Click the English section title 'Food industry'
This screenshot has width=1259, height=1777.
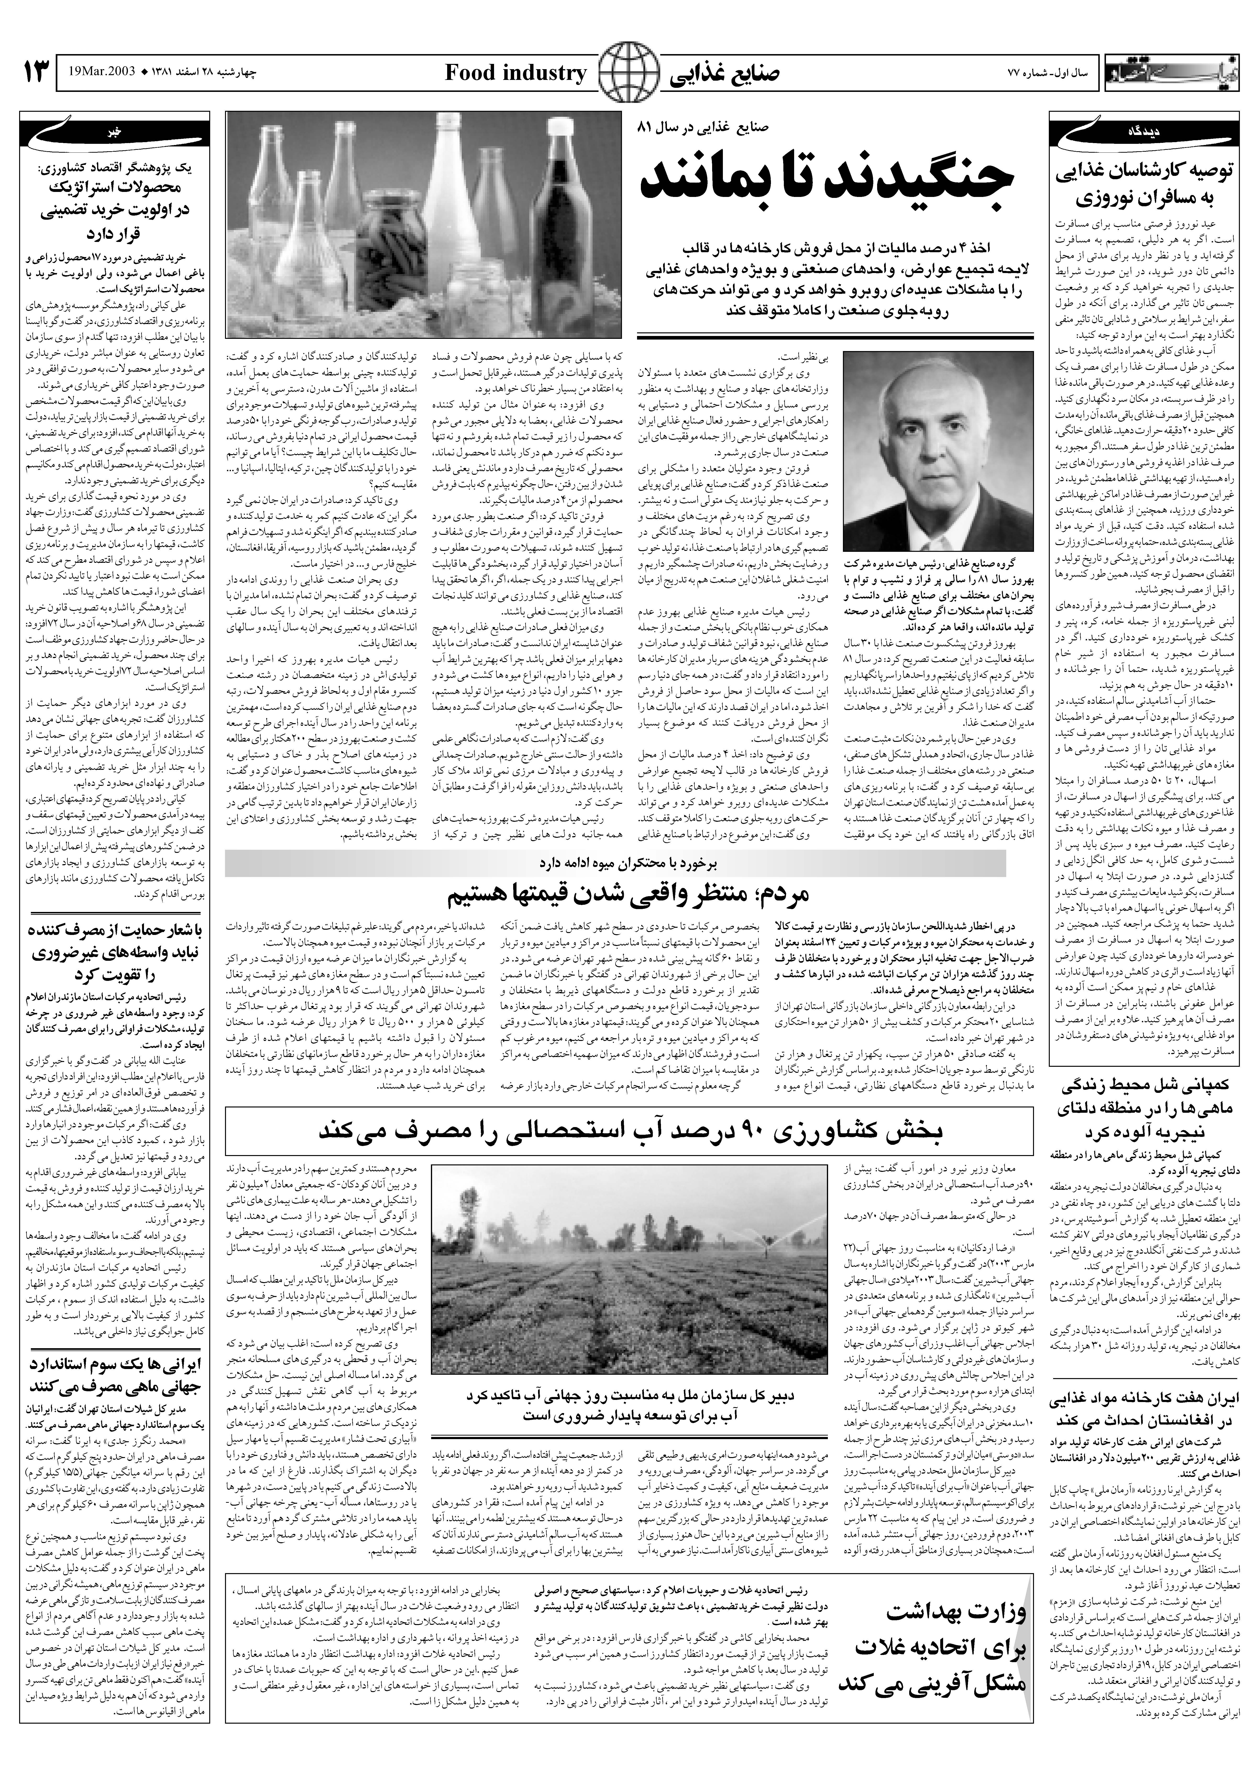(x=516, y=74)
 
